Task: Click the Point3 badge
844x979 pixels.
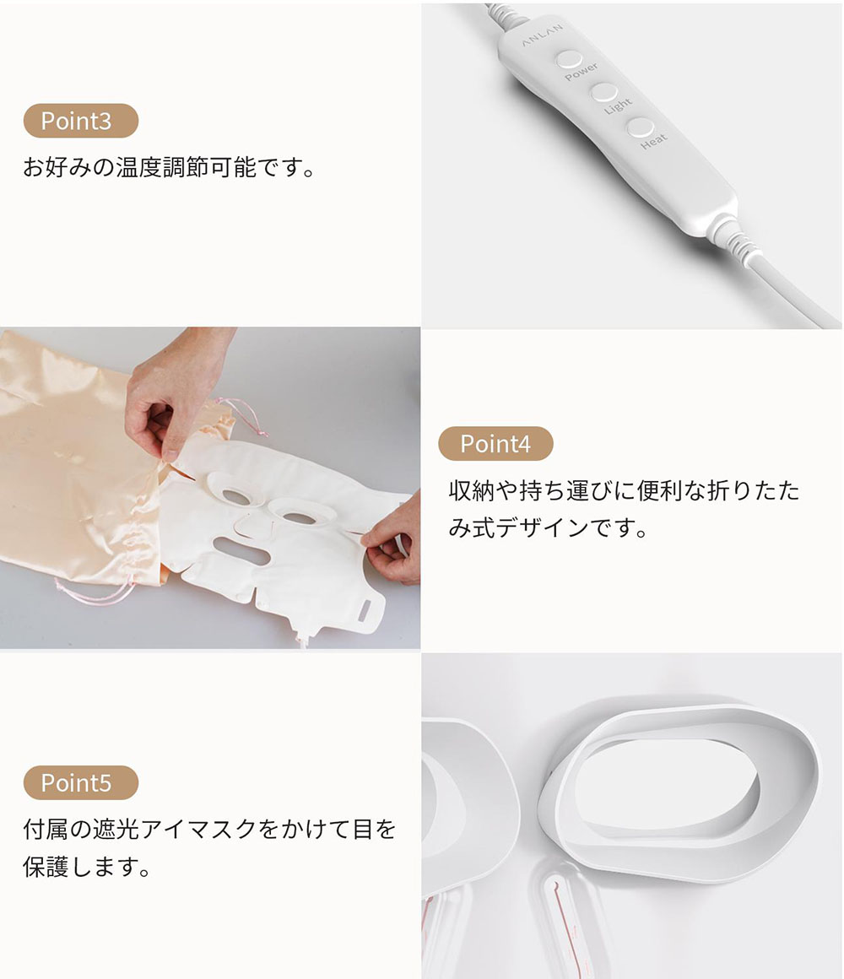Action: (x=80, y=121)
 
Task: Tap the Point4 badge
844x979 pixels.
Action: (x=495, y=444)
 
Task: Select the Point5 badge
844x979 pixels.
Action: (x=80, y=783)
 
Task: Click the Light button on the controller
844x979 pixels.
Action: (x=603, y=93)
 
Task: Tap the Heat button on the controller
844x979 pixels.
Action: (x=640, y=128)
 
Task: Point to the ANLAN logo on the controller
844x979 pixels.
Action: (x=542, y=35)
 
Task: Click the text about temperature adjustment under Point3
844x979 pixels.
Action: (x=170, y=168)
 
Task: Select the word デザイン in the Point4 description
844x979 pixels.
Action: (x=543, y=528)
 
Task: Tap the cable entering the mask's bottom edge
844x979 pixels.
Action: (x=303, y=640)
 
